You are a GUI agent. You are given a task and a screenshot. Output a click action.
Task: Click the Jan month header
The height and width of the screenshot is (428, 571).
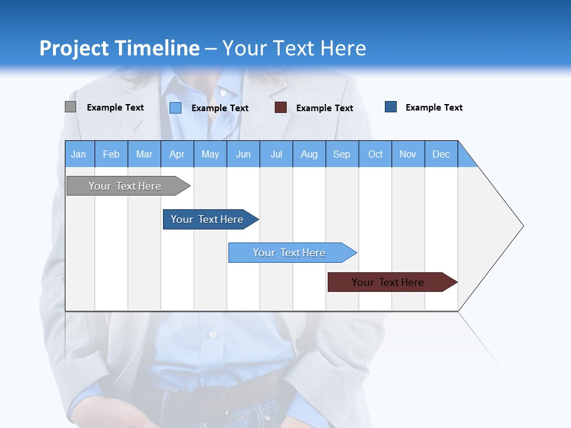pyautogui.click(x=79, y=154)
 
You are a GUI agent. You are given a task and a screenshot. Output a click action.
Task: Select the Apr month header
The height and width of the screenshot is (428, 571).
pyautogui.click(x=177, y=154)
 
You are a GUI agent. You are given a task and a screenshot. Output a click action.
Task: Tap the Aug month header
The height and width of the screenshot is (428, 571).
pyautogui.click(x=309, y=154)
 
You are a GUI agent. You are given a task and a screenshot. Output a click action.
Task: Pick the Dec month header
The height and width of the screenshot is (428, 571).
pyautogui.click(x=441, y=154)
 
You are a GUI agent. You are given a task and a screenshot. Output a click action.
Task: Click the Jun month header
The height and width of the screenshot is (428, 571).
pyautogui.click(x=243, y=154)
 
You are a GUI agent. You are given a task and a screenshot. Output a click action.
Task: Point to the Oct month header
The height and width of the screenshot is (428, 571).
pyautogui.click(x=375, y=154)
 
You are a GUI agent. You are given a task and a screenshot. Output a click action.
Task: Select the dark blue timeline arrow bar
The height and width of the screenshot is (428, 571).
pyautogui.click(x=208, y=219)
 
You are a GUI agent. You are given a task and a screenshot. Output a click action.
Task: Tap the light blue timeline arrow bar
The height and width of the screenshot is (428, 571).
pyautogui.click(x=290, y=253)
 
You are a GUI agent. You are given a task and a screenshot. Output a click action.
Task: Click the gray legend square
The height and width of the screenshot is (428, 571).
pyautogui.click(x=70, y=107)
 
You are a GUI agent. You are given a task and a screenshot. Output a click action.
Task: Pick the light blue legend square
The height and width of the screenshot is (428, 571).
pyautogui.click(x=175, y=108)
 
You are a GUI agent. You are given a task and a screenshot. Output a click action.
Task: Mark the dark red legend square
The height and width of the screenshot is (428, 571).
pyautogui.click(x=281, y=108)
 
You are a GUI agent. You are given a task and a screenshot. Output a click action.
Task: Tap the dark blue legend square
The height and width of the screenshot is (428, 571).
pyautogui.click(x=391, y=107)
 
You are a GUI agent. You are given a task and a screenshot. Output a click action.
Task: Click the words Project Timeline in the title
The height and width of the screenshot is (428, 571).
pyautogui.click(x=119, y=48)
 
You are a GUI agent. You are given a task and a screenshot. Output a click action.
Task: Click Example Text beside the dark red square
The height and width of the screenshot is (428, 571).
pyautogui.click(x=324, y=108)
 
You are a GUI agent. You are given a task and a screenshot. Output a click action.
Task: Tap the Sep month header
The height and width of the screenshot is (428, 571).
pyautogui.click(x=342, y=154)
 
